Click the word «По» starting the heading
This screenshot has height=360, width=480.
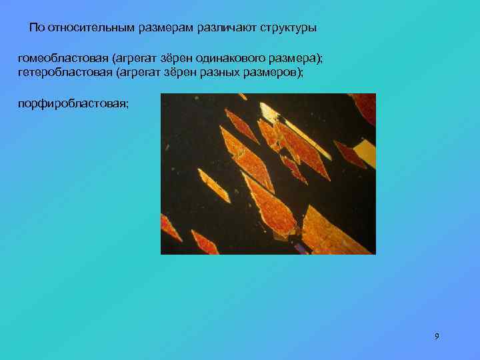coord(37,28)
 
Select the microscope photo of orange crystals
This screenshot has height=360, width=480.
coord(268,174)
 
